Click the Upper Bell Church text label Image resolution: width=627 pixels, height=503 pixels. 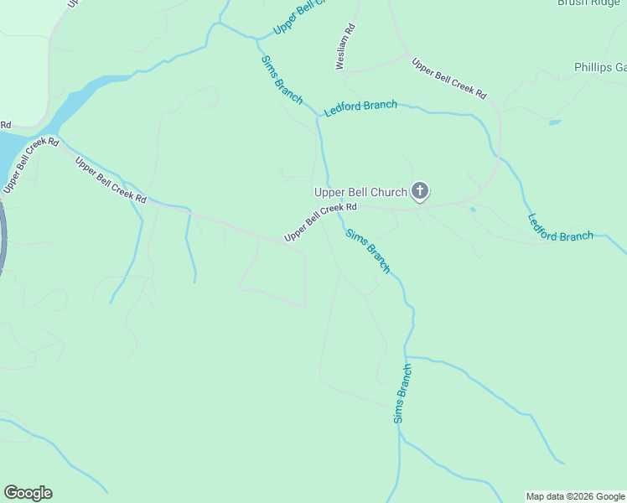point(360,192)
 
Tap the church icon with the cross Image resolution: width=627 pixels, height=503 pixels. point(420,192)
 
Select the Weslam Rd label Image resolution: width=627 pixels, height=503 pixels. point(345,46)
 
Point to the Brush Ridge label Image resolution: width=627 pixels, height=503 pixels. point(590,3)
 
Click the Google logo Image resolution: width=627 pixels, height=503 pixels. point(28,493)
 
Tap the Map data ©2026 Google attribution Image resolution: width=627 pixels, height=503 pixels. point(575,496)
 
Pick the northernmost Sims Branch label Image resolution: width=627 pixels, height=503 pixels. point(282,80)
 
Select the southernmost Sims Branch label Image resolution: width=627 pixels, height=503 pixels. point(403,392)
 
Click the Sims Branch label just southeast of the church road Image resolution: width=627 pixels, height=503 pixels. point(368,251)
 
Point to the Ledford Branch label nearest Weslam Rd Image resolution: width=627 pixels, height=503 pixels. point(360,107)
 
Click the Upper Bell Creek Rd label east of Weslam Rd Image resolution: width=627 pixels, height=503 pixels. point(448,79)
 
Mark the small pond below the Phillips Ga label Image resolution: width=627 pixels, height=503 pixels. point(554,122)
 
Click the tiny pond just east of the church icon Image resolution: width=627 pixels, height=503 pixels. point(473,209)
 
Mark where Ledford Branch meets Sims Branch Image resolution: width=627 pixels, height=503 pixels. point(319,117)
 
